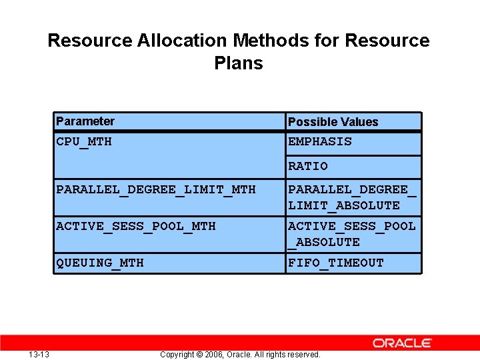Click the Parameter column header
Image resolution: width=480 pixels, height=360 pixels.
click(85, 121)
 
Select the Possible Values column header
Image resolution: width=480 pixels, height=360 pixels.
click(333, 122)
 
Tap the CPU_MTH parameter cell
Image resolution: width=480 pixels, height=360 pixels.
click(84, 141)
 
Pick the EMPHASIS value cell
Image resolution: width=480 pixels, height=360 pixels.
click(320, 141)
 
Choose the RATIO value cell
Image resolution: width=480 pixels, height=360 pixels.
click(308, 166)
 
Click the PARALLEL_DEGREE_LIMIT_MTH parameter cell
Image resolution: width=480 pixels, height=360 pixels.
click(156, 189)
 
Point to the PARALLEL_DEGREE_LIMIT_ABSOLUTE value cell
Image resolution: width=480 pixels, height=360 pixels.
click(352, 197)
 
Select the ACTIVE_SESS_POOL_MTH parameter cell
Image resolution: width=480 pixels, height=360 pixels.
click(136, 226)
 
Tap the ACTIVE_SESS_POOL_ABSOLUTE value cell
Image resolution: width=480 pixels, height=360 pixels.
click(352, 234)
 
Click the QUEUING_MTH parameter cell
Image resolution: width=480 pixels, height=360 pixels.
click(100, 263)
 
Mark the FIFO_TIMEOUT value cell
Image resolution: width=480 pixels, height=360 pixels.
click(336, 263)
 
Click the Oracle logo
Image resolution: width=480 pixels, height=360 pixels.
click(402, 343)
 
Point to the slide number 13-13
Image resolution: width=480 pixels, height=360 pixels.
click(39, 354)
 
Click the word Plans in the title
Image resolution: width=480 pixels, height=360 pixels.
click(239, 63)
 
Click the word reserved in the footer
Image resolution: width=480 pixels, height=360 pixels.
click(303, 355)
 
